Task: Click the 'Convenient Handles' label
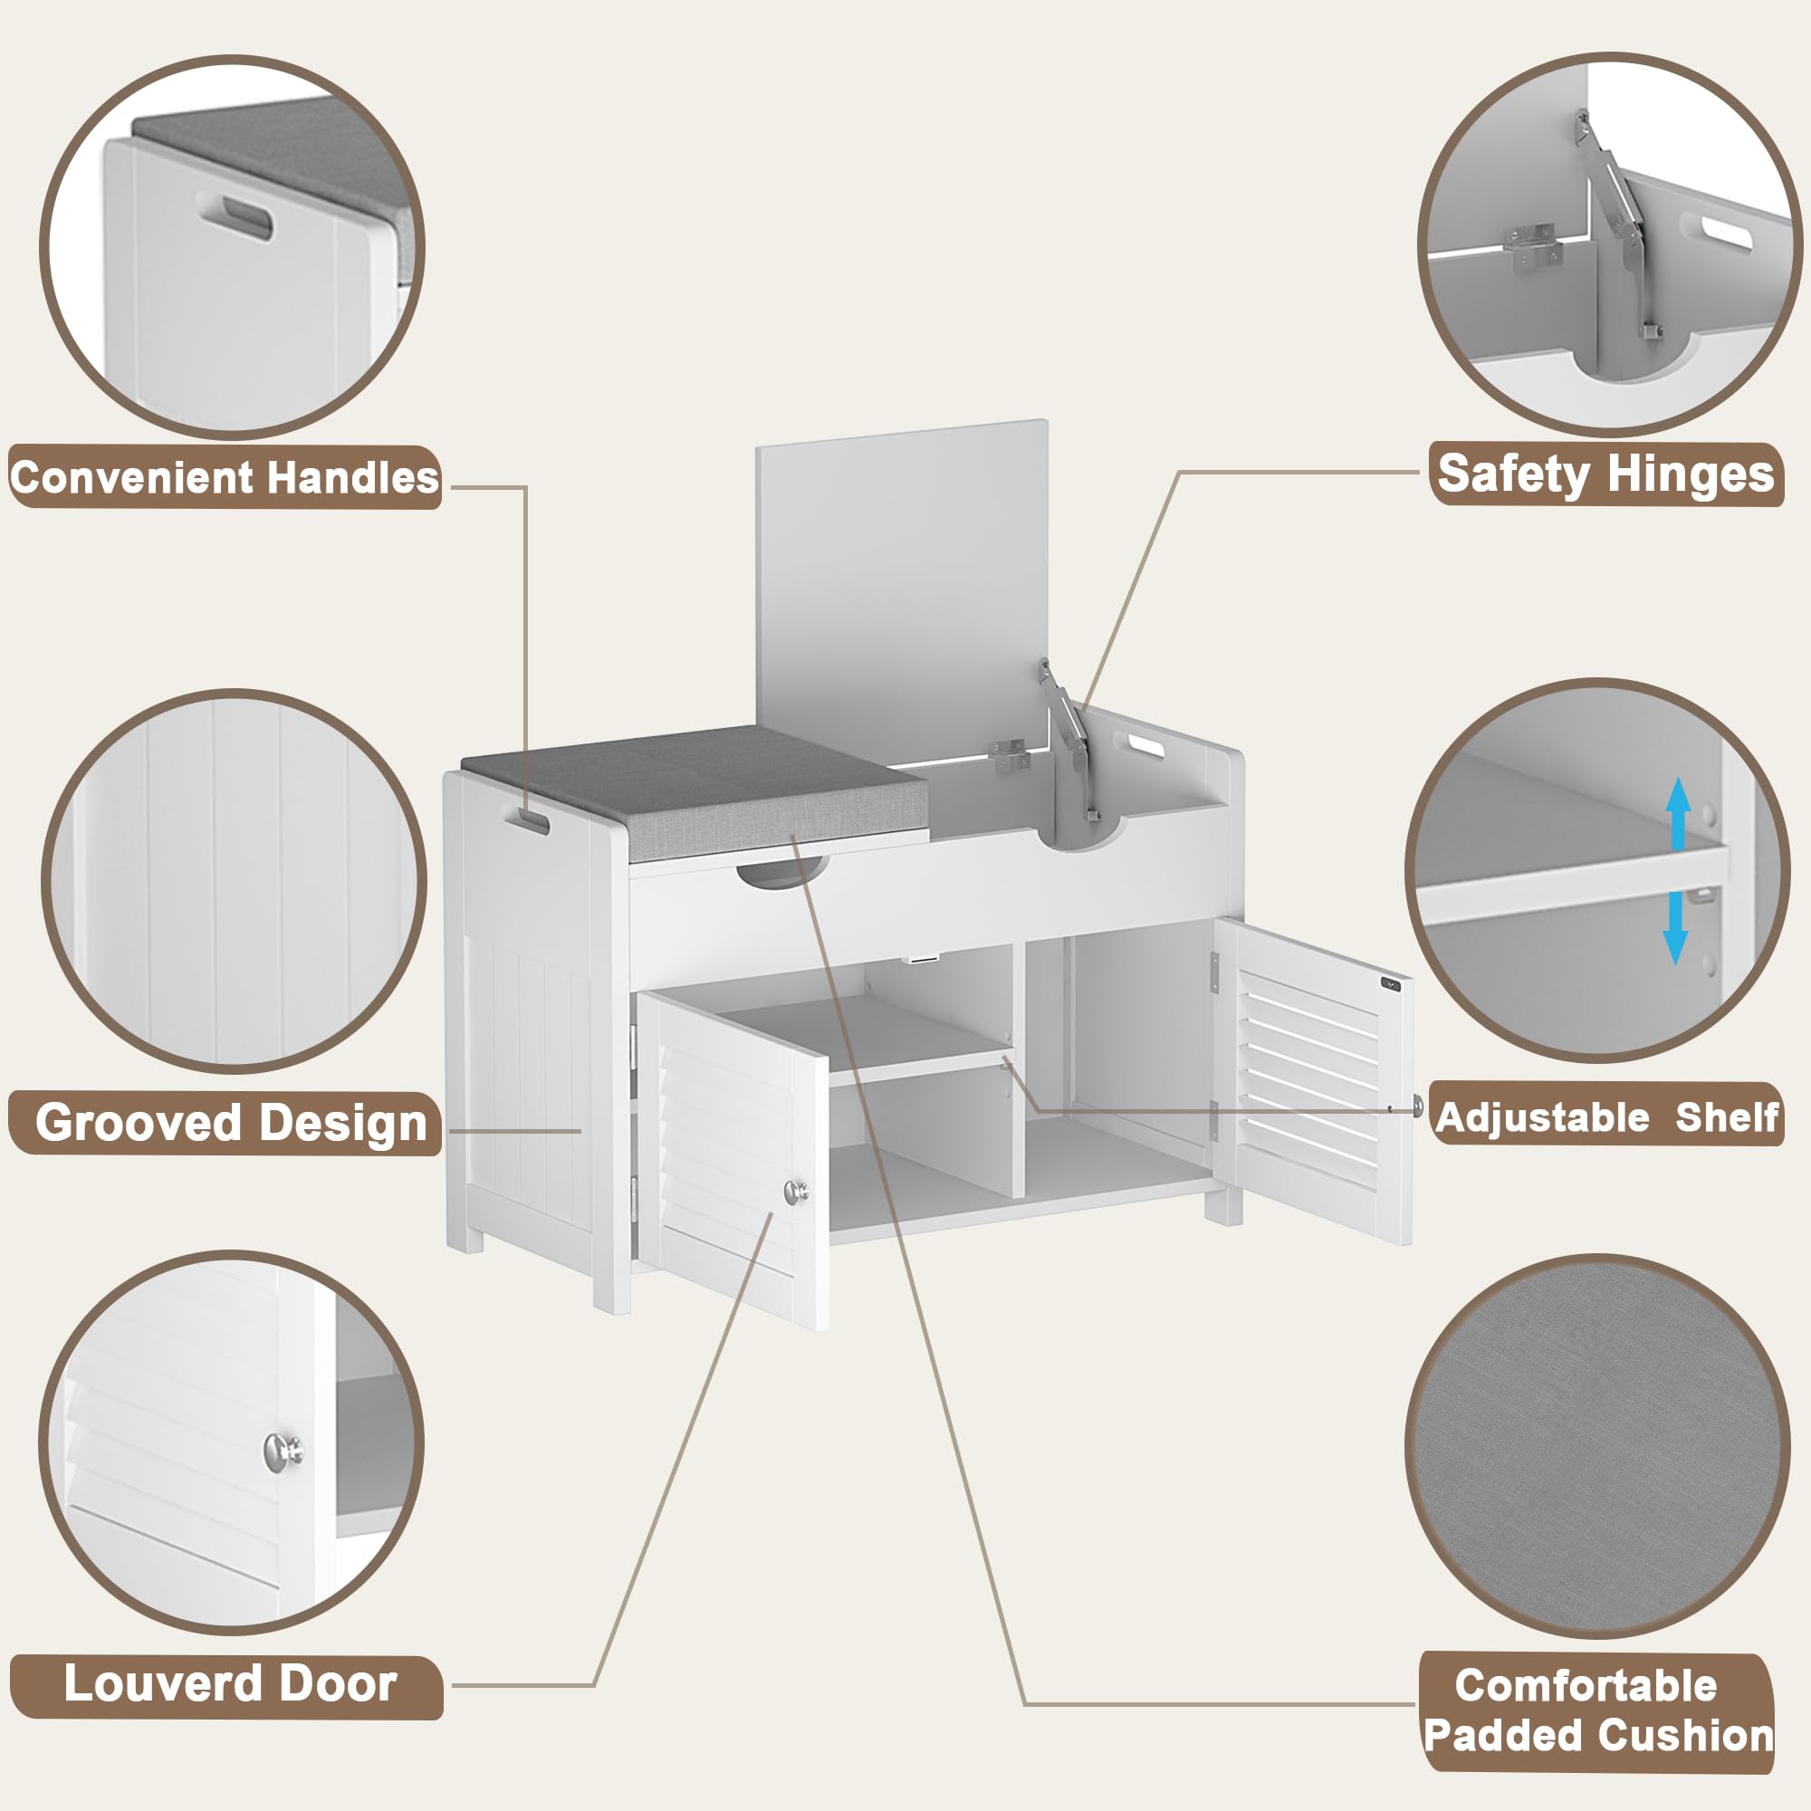225,478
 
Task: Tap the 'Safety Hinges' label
1605,474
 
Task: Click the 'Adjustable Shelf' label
1606,1117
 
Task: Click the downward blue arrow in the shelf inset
1676,928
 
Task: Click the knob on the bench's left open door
797,1192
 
